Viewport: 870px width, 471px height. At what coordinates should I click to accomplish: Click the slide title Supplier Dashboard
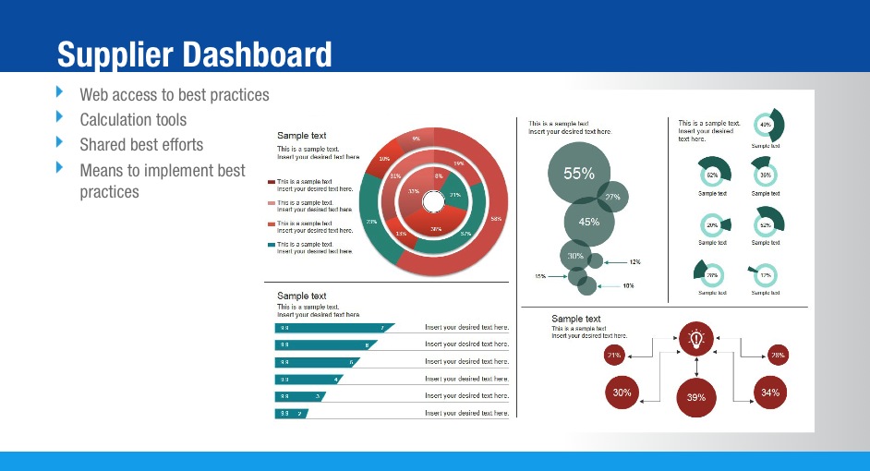coord(194,54)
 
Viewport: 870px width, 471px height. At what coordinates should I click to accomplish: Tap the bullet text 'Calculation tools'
coord(133,120)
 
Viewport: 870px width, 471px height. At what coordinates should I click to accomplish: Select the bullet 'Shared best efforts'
coord(141,145)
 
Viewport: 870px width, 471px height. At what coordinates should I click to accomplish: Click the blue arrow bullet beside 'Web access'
coord(60,92)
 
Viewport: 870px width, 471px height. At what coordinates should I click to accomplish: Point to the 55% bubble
coord(578,173)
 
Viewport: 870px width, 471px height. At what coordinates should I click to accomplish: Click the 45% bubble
coord(589,222)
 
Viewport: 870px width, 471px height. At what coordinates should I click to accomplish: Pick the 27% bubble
coord(612,197)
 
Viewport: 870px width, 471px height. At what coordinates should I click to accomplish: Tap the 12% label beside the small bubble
coord(634,262)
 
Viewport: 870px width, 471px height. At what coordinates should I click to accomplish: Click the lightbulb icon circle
coord(695,339)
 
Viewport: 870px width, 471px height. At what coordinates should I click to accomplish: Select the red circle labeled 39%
coord(696,397)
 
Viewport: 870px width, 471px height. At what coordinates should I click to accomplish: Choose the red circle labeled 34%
coord(770,392)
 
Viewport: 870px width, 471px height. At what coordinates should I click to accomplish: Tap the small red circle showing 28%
coord(778,355)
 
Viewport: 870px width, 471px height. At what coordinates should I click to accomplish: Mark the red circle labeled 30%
coord(622,392)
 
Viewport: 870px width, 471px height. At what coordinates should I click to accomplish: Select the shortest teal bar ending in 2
coord(290,414)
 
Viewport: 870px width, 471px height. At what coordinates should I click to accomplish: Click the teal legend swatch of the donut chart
coord(272,245)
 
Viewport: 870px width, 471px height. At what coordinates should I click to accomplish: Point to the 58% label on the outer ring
coord(496,219)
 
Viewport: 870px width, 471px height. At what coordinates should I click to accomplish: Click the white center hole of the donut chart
coord(432,201)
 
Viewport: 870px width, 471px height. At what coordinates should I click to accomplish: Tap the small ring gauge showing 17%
coord(765,275)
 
